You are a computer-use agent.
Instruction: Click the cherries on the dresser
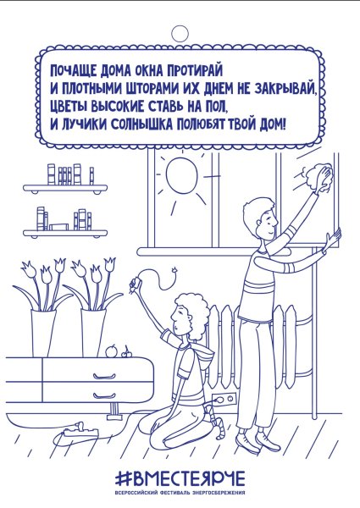[x=128, y=350]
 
